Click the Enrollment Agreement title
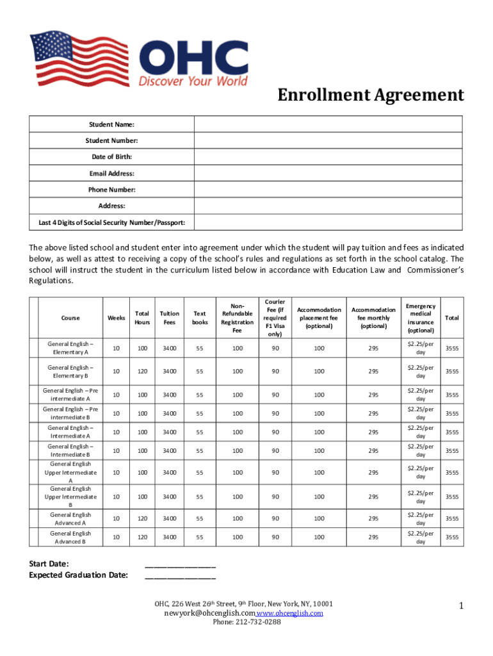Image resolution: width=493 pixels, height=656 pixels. pyautogui.click(x=370, y=95)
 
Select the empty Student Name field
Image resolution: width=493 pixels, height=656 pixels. pyautogui.click(x=328, y=124)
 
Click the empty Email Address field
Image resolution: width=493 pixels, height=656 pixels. pyautogui.click(x=328, y=173)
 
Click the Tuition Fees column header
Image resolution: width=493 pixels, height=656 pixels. pyautogui.click(x=170, y=318)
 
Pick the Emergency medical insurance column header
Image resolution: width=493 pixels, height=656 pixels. pyautogui.click(x=421, y=318)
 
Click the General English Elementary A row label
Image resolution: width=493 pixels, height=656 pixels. pyautogui.click(x=70, y=348)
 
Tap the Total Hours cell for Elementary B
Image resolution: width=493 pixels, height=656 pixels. pyautogui.click(x=141, y=371)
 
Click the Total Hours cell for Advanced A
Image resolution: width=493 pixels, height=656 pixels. pyautogui.click(x=141, y=519)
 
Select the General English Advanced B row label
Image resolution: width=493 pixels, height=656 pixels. pyautogui.click(x=70, y=537)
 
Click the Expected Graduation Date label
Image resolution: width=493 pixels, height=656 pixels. pyautogui.click(x=78, y=575)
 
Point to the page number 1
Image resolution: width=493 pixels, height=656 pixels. pyautogui.click(x=460, y=605)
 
